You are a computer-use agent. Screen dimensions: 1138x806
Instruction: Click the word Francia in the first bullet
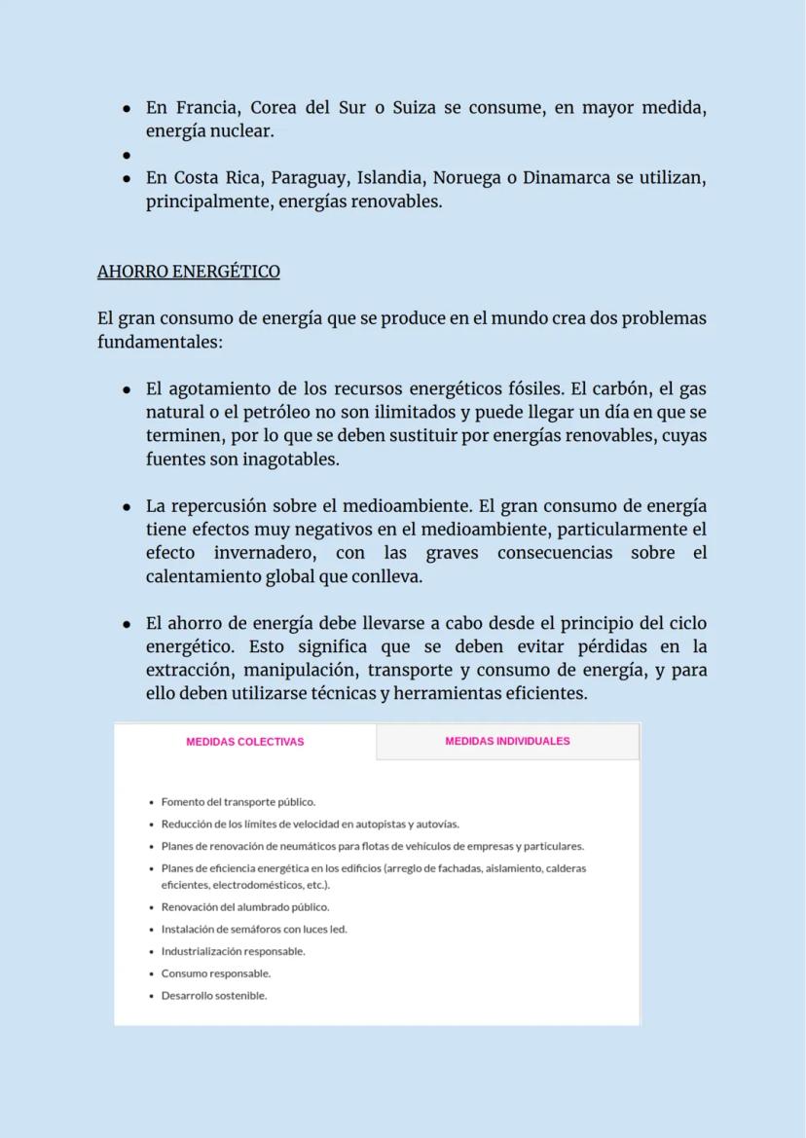(205, 108)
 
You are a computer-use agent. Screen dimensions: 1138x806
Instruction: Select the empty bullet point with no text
(127, 155)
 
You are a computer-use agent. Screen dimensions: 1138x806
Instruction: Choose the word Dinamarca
(575, 178)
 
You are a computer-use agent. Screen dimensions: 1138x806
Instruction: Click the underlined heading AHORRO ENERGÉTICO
(188, 272)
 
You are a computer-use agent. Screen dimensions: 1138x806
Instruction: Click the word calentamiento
(203, 576)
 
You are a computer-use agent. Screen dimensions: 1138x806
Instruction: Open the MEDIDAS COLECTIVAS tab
(245, 742)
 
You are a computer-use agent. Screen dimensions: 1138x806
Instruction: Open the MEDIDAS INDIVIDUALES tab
(507, 741)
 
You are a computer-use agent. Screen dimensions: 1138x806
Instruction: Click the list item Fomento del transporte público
(238, 802)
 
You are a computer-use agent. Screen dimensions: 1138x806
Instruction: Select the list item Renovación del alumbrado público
(245, 907)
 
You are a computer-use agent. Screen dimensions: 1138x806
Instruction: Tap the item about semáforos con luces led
(254, 929)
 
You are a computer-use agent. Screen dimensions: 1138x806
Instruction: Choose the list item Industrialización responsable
(233, 951)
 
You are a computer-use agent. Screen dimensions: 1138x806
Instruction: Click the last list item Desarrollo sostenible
(214, 996)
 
